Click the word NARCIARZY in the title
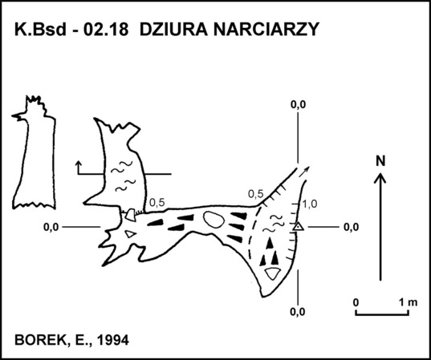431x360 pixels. click(266, 29)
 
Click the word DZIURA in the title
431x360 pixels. click(173, 29)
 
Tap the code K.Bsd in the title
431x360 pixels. click(40, 29)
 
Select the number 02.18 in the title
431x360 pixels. click(106, 29)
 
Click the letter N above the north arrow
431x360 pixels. click(380, 161)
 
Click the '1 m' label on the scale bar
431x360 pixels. click(409, 302)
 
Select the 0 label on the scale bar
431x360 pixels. click(356, 302)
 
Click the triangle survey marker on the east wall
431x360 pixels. click(299, 227)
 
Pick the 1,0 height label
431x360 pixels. click(310, 204)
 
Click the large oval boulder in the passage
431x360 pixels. click(213, 220)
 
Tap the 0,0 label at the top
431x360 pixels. click(299, 105)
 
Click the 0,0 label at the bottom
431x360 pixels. click(298, 312)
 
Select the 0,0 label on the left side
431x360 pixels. click(51, 228)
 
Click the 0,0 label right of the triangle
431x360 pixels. click(352, 228)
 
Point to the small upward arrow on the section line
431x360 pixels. click(79, 168)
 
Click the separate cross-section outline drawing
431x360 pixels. click(34, 152)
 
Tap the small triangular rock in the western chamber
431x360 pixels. click(130, 234)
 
